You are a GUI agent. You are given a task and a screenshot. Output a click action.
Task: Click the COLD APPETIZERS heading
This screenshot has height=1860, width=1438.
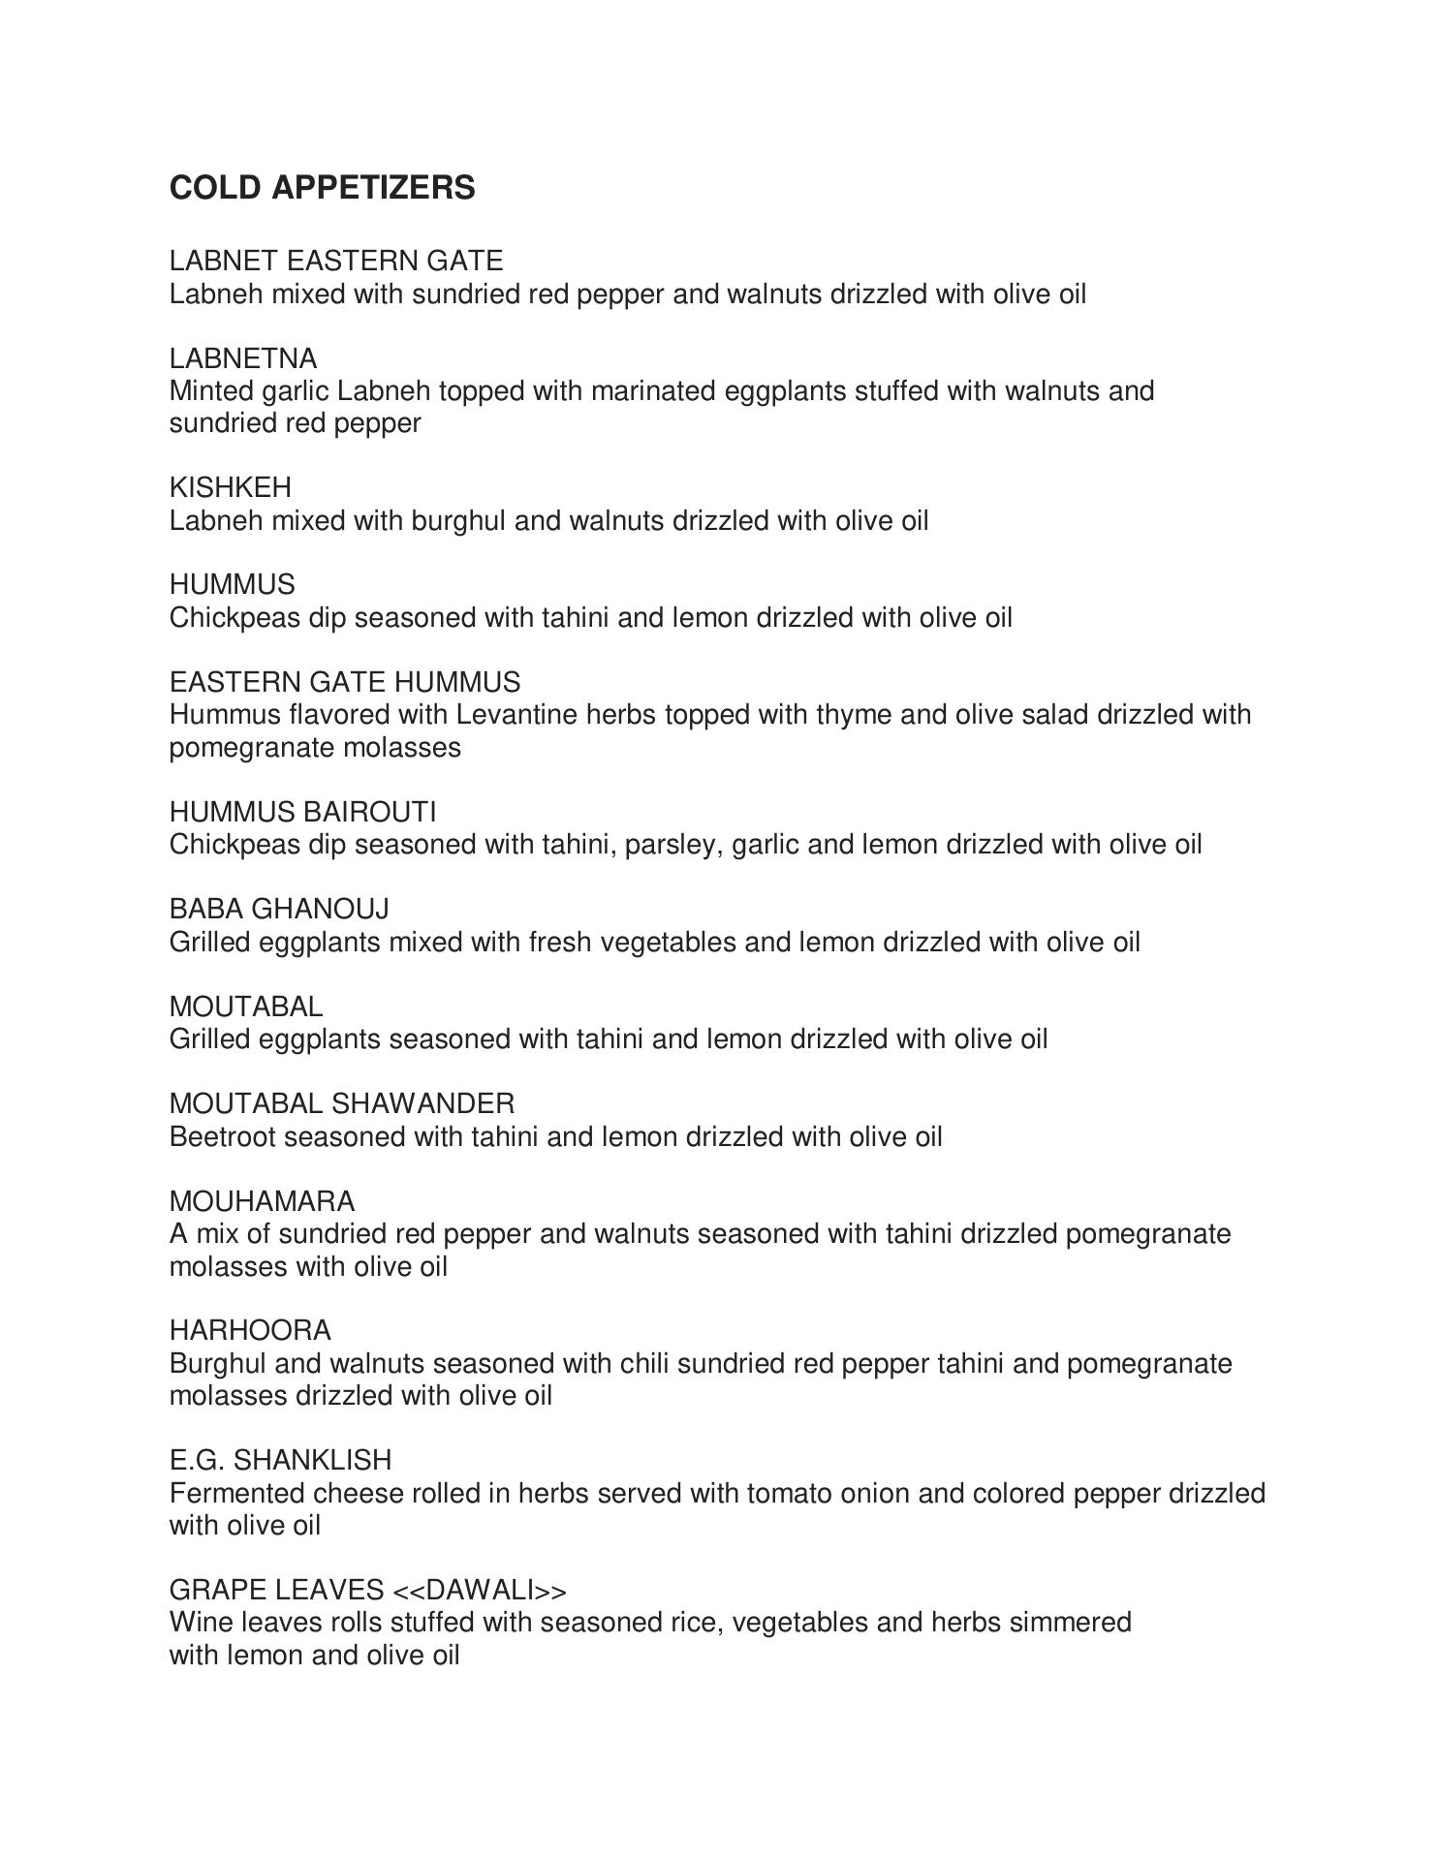coord(322,187)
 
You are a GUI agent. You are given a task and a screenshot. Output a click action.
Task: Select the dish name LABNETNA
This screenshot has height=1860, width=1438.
coord(243,358)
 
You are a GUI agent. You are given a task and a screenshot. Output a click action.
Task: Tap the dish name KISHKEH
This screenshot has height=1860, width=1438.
coord(230,487)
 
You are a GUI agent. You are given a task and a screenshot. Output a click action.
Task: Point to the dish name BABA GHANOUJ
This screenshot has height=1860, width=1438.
coord(279,909)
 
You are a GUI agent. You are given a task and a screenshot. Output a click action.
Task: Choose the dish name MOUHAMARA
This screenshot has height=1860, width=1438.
coord(262,1201)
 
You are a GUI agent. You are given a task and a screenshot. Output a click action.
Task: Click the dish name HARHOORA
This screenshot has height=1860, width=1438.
coord(250,1330)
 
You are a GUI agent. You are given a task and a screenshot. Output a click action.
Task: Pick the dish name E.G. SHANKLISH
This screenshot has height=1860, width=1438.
coord(280,1460)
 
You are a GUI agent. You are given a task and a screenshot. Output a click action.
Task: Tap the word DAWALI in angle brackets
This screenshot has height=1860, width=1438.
coord(480,1590)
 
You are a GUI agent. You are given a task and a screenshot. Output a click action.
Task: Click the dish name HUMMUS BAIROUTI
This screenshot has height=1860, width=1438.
coord(302,811)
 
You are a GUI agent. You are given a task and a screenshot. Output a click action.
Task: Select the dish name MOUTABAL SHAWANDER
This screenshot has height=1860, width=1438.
coord(342,1103)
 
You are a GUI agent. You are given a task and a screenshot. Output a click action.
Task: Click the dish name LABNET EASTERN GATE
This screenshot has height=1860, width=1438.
coord(336,261)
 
